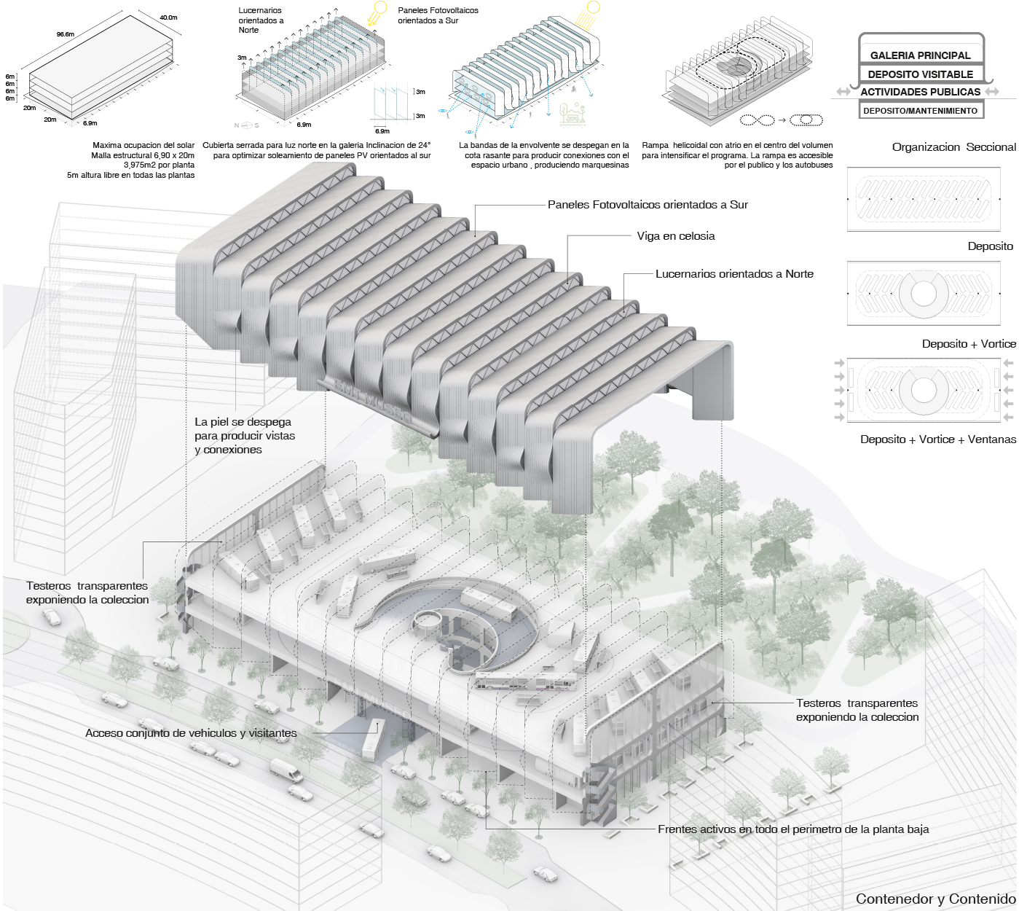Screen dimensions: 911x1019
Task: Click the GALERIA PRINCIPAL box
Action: pyautogui.click(x=921, y=55)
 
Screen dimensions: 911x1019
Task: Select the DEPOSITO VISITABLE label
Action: pyautogui.click(x=921, y=74)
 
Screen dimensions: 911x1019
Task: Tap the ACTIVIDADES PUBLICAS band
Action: pyautogui.click(x=921, y=92)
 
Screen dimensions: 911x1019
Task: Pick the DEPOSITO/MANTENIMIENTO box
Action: pyautogui.click(x=921, y=111)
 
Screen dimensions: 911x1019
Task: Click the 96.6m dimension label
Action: pyautogui.click(x=66, y=34)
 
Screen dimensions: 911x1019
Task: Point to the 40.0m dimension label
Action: pyautogui.click(x=168, y=17)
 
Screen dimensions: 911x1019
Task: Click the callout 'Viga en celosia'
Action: pyautogui.click(x=676, y=236)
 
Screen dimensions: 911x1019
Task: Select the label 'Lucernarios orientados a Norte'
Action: pyautogui.click(x=734, y=274)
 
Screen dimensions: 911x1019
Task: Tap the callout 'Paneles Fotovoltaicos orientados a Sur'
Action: pyautogui.click(x=648, y=205)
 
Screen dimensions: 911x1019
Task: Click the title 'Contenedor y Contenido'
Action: pyautogui.click(x=935, y=899)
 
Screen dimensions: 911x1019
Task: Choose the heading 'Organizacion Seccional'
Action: pyautogui.click(x=953, y=147)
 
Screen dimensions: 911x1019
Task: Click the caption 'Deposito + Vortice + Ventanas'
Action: pyautogui.click(x=937, y=439)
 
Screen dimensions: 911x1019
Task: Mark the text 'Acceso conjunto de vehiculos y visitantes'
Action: pyautogui.click(x=191, y=733)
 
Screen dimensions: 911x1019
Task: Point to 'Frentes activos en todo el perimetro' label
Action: pyautogui.click(x=793, y=829)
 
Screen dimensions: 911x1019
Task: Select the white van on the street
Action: pyautogui.click(x=286, y=770)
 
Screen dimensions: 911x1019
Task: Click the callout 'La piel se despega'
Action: pyautogui.click(x=244, y=436)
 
